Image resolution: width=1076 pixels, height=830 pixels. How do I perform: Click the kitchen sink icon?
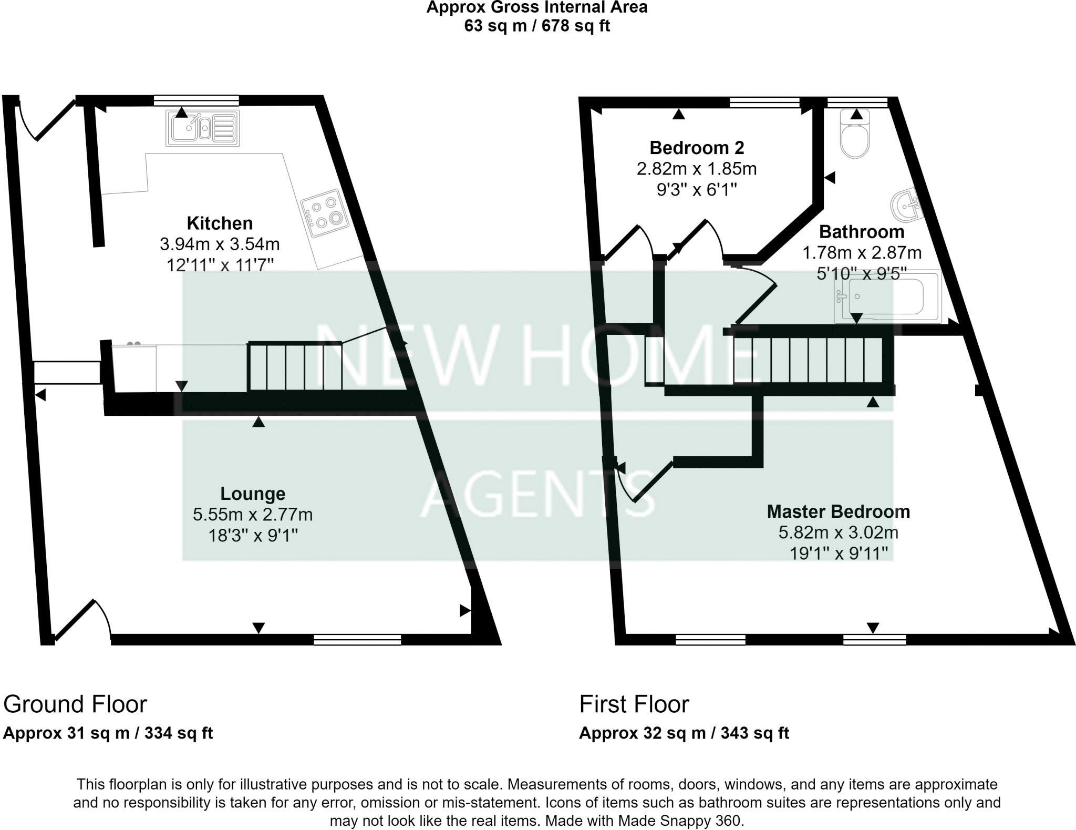point(203,128)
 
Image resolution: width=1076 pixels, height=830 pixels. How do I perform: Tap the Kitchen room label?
point(220,223)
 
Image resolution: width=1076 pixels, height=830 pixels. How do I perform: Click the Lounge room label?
point(253,494)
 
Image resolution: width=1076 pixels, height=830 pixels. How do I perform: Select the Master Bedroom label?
point(838,511)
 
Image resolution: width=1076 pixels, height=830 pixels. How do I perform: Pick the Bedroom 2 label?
point(697,148)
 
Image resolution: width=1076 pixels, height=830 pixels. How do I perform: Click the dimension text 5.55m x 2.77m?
point(253,515)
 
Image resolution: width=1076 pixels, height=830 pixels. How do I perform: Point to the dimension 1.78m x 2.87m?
point(862,253)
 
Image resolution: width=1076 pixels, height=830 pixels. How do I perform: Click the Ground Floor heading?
point(75,704)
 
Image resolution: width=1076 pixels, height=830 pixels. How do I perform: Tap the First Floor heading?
point(634,704)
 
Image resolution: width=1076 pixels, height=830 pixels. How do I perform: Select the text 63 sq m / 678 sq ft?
point(536,26)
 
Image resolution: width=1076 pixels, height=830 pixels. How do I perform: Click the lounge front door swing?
point(84,620)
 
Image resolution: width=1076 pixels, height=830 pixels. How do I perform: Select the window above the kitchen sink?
point(196,100)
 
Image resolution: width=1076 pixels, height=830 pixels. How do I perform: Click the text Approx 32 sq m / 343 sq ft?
point(684,733)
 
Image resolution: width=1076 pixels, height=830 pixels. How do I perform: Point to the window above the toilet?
point(857,101)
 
